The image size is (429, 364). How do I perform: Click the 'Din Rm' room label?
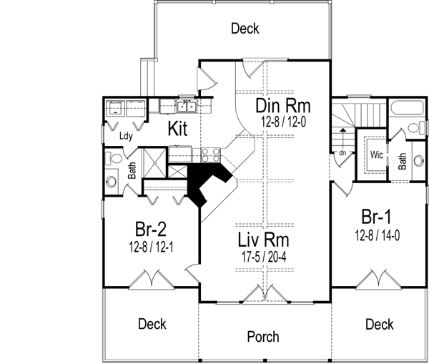pos(281,106)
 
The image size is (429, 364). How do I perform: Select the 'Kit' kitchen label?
pos(178,129)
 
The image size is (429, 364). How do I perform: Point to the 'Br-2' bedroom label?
pos(152,229)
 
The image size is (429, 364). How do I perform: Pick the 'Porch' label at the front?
pos(262,336)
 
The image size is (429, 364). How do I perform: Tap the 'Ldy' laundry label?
pos(127,135)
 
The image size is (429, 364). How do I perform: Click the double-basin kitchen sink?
pos(187,107)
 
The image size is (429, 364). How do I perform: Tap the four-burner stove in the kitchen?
pos(209,152)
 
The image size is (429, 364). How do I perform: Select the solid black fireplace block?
pos(207,182)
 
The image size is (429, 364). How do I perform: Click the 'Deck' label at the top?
pos(245,29)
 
